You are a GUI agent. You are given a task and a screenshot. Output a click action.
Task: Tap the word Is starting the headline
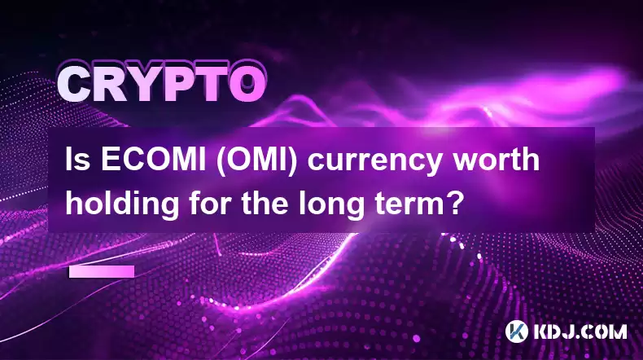pyautogui.click(x=78, y=160)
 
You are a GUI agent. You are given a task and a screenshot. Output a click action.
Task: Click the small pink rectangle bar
pyautogui.click(x=102, y=272)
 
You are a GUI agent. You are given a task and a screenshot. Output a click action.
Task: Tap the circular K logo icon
pyautogui.click(x=517, y=331)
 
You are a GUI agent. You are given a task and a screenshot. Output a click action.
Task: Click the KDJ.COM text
pyautogui.click(x=580, y=331)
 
